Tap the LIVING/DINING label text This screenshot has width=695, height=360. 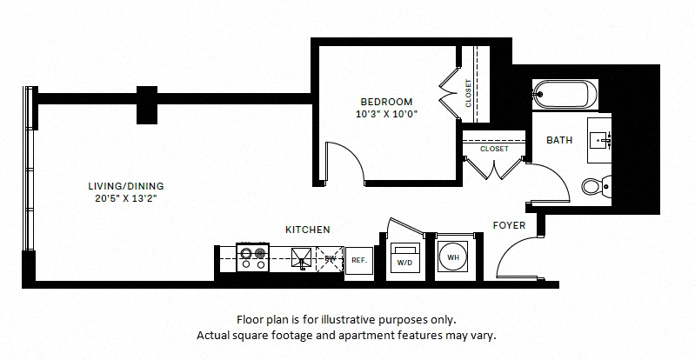click(126, 185)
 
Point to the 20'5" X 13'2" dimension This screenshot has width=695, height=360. click(126, 197)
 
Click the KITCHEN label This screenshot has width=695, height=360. click(308, 230)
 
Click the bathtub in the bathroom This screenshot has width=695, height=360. click(563, 92)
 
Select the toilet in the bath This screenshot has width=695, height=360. click(594, 184)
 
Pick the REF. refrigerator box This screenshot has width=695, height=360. click(358, 259)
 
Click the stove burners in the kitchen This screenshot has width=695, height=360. click(251, 255)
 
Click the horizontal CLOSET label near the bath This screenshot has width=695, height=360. click(494, 149)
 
